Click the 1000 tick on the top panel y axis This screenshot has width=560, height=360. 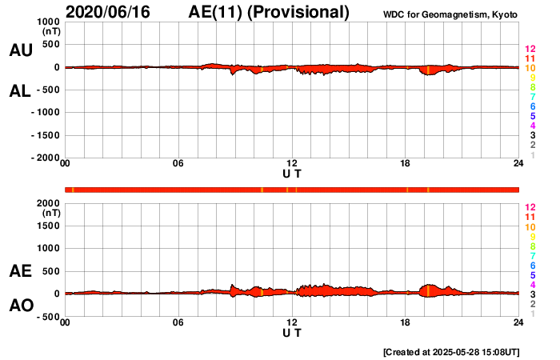[x=47, y=22]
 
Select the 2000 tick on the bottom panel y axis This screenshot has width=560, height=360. [x=47, y=203]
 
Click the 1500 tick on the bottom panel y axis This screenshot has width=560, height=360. [x=47, y=226]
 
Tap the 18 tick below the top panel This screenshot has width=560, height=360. [x=405, y=164]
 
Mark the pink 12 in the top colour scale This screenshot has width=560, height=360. [x=530, y=49]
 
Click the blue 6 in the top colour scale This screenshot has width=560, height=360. [x=530, y=106]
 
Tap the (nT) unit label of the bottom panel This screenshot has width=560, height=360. [x=50, y=214]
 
